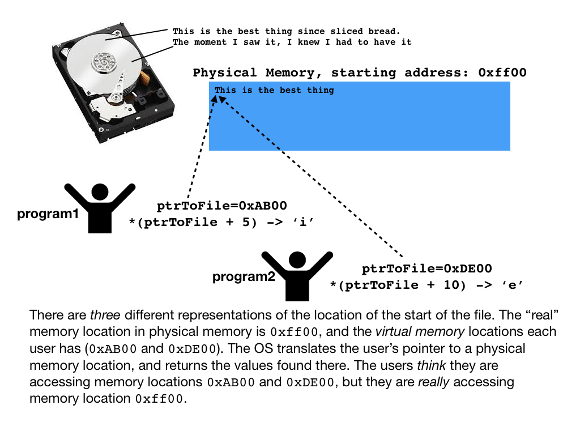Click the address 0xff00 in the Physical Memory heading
pyautogui.click(x=502, y=72)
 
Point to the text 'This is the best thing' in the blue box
pyautogui.click(x=274, y=90)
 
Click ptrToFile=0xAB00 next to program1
pyautogui.click(x=221, y=206)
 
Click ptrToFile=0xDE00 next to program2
pyautogui.click(x=427, y=268)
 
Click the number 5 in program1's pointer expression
pyautogui.click(x=245, y=222)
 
